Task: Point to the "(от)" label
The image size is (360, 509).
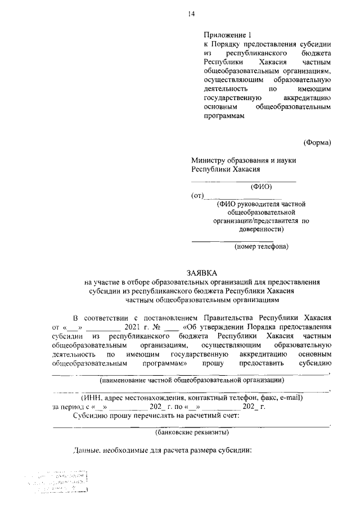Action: pyautogui.click(x=197, y=196)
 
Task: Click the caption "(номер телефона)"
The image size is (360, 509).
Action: pyautogui.click(x=262, y=246)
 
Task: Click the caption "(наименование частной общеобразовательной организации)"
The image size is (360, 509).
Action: pyautogui.click(x=191, y=380)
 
